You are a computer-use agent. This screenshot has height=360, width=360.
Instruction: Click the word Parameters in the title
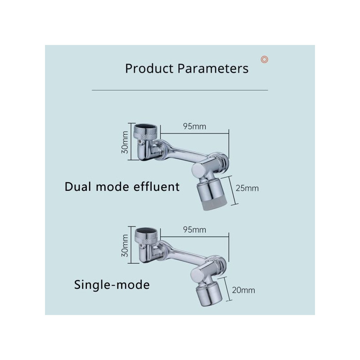(213, 68)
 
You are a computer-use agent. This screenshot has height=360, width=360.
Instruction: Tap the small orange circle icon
(265, 59)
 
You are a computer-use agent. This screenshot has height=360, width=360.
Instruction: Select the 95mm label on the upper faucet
(194, 126)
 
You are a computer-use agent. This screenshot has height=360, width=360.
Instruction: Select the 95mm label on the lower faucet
(194, 230)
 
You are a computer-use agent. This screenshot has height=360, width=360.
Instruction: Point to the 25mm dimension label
(247, 189)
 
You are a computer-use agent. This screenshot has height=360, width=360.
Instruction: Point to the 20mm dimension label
(243, 290)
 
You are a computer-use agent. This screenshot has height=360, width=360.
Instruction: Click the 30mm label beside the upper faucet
(125, 142)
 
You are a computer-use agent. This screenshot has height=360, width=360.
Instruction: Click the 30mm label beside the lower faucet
(125, 246)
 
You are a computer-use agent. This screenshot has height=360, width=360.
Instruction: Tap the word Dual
(78, 187)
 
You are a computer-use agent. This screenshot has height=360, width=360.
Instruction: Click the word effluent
(157, 187)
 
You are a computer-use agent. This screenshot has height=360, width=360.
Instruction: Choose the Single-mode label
(112, 285)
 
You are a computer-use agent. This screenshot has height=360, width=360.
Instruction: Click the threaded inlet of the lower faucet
(146, 234)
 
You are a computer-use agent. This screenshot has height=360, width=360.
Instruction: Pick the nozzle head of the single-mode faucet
(209, 295)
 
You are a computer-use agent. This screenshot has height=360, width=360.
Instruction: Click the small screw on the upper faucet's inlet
(139, 143)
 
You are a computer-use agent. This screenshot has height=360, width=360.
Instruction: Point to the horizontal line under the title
(180, 90)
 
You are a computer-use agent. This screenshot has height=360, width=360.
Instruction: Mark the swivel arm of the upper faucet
(184, 151)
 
